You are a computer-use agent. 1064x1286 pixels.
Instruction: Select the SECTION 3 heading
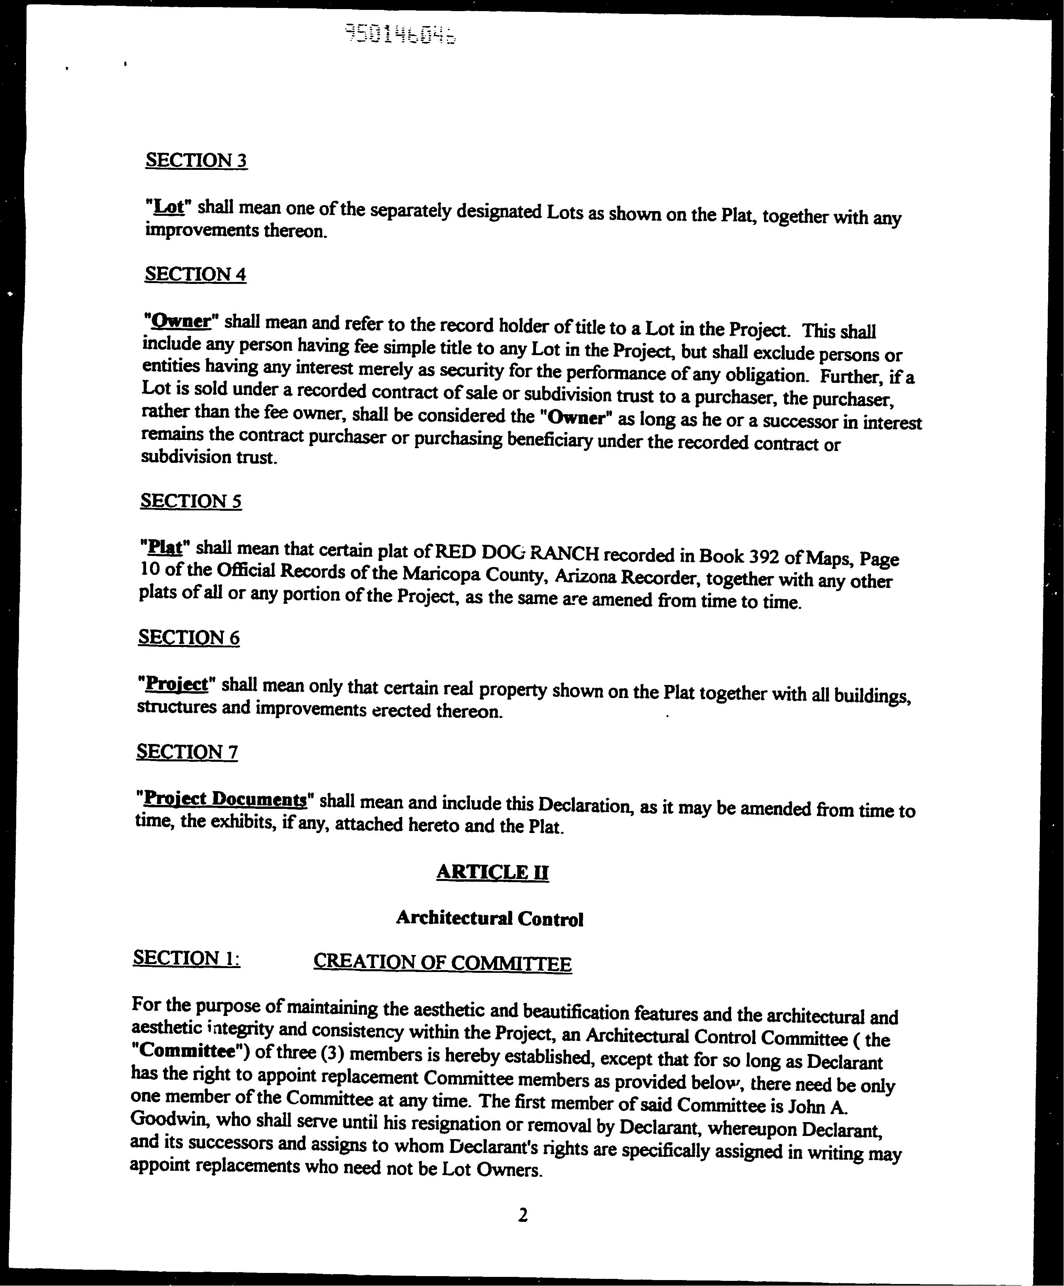pyautogui.click(x=196, y=160)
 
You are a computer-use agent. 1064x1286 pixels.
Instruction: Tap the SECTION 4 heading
pyautogui.click(x=195, y=274)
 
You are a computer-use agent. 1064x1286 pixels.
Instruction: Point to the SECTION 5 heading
pyautogui.click(x=191, y=501)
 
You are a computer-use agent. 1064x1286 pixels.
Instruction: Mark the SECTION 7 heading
pyautogui.click(x=187, y=751)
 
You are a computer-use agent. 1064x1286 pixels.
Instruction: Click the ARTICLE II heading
pyautogui.click(x=492, y=872)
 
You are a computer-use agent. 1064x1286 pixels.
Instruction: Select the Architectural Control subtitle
pyautogui.click(x=490, y=918)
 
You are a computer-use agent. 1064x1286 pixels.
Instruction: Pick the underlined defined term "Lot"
pyautogui.click(x=168, y=207)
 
